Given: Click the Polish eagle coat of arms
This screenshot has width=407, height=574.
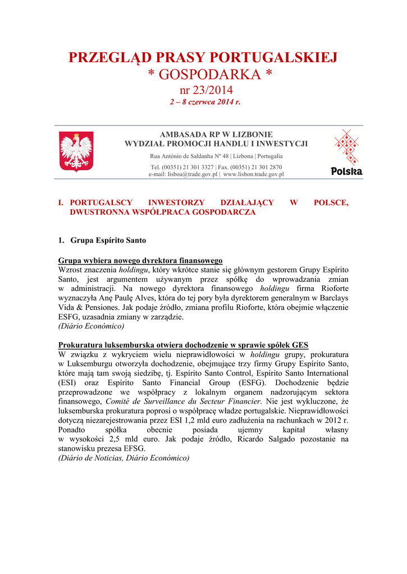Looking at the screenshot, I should (76, 151).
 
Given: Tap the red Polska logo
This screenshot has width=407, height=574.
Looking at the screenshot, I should (346, 152).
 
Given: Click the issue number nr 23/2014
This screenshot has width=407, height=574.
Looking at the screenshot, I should (205, 90).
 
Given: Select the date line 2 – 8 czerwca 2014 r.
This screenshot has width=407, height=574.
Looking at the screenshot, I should (205, 102).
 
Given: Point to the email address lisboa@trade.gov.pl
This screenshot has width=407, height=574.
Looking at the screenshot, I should (184, 174).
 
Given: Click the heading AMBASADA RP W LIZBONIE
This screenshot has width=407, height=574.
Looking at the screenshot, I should (216, 135).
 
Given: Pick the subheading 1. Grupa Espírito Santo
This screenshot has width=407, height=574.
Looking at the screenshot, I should (102, 240).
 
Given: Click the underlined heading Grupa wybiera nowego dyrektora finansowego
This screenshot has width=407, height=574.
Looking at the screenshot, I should (140, 261).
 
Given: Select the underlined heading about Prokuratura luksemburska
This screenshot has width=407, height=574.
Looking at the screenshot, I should (183, 345).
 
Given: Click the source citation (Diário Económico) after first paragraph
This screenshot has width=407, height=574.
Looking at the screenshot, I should (92, 326).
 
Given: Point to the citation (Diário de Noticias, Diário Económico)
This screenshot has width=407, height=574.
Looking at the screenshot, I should (124, 458).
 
